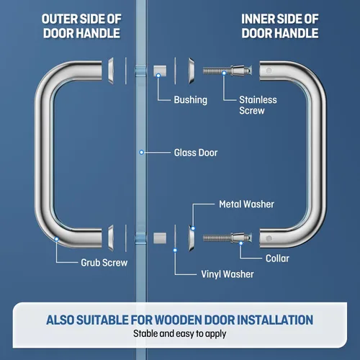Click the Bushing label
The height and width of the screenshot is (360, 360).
tap(191, 100)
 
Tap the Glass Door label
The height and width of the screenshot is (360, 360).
tap(196, 153)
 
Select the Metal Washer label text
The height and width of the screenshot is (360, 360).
tap(246, 204)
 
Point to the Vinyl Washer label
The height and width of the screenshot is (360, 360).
tap(228, 274)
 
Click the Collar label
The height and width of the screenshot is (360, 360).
tap(277, 258)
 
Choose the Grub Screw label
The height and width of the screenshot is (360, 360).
tap(104, 263)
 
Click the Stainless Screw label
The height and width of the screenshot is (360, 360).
tap(258, 105)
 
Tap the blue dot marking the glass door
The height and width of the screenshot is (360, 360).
tap(142, 153)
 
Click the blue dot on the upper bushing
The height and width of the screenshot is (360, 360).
tap(158, 76)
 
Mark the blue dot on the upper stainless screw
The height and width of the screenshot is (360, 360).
tap(224, 73)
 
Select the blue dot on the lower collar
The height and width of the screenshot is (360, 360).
tap(241, 243)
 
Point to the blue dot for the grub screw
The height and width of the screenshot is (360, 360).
tap(56, 239)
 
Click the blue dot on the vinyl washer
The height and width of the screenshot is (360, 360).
tap(175, 251)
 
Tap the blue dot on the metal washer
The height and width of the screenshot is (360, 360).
tap(193, 228)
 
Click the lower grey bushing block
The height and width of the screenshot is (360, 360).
tap(160, 238)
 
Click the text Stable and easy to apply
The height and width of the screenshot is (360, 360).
tap(180, 334)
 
